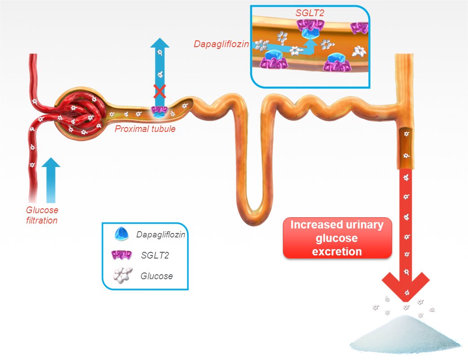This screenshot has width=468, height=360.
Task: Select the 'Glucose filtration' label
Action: click(x=42, y=215)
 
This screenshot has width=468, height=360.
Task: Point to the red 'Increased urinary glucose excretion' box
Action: click(x=337, y=238)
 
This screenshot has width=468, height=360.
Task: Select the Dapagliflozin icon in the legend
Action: click(x=122, y=233)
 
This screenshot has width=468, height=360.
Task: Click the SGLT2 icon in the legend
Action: click(x=122, y=255)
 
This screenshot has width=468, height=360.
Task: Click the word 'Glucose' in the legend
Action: click(x=156, y=277)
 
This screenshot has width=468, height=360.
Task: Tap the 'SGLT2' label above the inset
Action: click(x=309, y=13)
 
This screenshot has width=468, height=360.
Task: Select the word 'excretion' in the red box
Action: click(x=337, y=251)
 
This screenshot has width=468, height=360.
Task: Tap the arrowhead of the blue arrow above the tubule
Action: click(x=159, y=43)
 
